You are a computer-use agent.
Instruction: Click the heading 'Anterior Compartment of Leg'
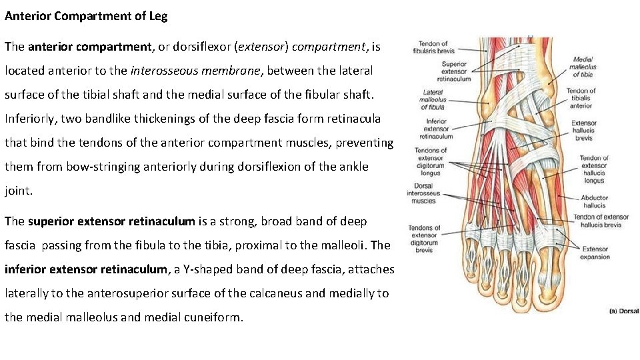tap(86, 16)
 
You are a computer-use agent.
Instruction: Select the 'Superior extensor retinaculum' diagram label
tap(455, 71)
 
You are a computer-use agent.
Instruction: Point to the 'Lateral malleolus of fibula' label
tap(433, 100)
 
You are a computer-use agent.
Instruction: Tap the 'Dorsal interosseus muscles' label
tap(423, 193)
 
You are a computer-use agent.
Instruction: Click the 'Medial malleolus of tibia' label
tap(583, 67)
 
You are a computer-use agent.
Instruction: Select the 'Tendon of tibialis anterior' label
tap(581, 98)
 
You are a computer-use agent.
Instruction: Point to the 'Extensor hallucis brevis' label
tap(583, 131)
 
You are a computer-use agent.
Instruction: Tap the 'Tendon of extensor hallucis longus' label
tap(594, 169)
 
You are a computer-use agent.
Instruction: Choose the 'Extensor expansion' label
tap(595, 253)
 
